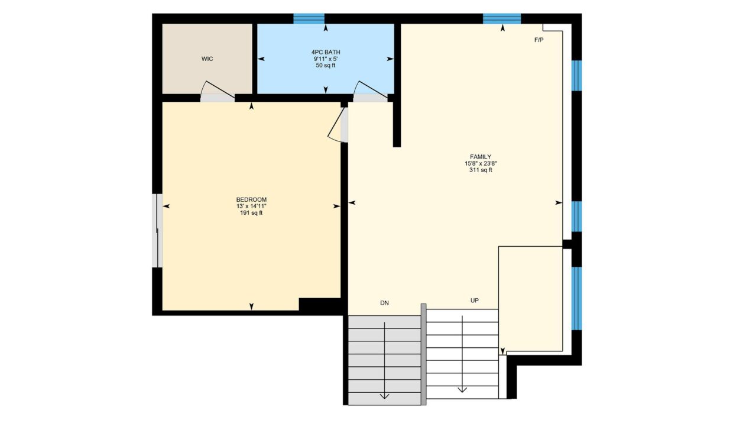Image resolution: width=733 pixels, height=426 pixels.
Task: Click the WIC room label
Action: (x=207, y=59)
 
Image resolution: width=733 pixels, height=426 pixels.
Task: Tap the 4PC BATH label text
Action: (x=326, y=52)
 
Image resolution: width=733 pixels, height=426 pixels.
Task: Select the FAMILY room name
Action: (x=481, y=157)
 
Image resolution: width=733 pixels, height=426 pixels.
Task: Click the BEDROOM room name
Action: (x=251, y=199)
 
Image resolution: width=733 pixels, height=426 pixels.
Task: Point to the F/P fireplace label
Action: (x=539, y=40)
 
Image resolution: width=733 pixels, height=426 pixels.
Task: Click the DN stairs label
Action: (x=384, y=303)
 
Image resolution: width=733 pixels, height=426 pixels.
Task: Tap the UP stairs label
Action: (x=475, y=300)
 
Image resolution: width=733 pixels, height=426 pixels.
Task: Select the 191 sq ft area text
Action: (x=251, y=213)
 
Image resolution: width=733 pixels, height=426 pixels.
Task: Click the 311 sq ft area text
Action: (x=481, y=170)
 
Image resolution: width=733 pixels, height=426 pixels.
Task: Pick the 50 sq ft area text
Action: (x=326, y=65)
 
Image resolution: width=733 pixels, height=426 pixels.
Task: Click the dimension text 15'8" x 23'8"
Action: (x=481, y=163)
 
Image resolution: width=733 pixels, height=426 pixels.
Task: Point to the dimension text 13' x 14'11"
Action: (x=251, y=206)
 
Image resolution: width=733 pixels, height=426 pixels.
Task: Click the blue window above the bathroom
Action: (x=309, y=18)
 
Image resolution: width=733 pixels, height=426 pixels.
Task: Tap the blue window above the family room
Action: (x=502, y=18)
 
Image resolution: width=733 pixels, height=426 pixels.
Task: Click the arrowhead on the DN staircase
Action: (x=384, y=396)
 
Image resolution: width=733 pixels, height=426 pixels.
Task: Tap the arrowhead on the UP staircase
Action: (x=462, y=389)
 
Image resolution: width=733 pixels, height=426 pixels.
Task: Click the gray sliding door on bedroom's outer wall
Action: (x=157, y=231)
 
